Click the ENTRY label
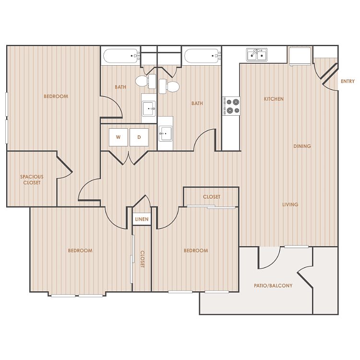tap(348, 81)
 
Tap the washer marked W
tap(118, 137)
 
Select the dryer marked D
tap(139, 137)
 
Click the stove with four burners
tap(231, 106)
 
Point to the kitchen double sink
tap(257, 55)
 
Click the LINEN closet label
tap(142, 219)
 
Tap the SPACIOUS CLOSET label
tap(32, 180)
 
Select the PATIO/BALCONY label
tap(273, 286)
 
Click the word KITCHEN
tap(274, 99)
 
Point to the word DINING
tap(302, 146)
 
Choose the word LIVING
tap(290, 204)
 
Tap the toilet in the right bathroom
tap(169, 86)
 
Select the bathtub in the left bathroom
tap(120, 56)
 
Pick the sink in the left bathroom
tap(149, 108)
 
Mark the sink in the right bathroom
tap(165, 133)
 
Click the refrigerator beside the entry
tap(300, 56)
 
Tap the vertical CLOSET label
tap(143, 259)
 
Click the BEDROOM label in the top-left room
tap(56, 96)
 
